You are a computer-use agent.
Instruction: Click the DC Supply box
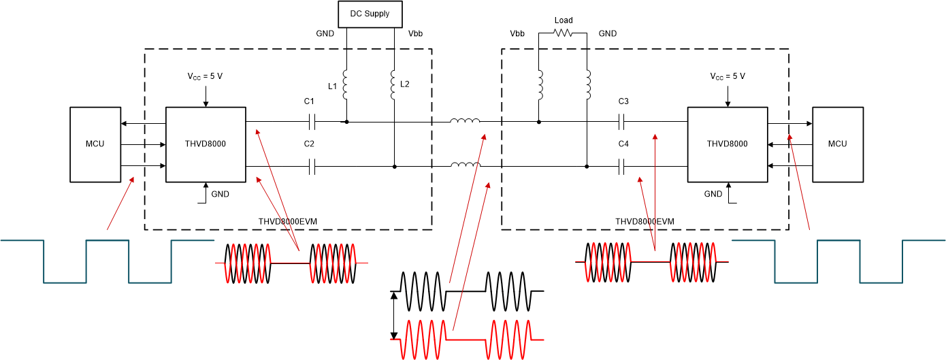tap(370, 14)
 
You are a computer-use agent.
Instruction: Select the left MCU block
tap(95, 144)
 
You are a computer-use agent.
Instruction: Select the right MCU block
tap(838, 144)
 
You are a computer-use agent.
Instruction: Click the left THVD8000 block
tap(206, 144)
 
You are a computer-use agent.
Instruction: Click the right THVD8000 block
tap(727, 144)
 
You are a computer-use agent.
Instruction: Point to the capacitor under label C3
tap(622, 122)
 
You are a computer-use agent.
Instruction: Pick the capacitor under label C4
tap(622, 167)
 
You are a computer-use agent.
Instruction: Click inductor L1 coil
tap(346, 84)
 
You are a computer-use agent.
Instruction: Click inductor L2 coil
tap(394, 84)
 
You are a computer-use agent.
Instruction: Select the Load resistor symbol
tap(563, 32)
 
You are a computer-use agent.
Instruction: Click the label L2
tap(406, 84)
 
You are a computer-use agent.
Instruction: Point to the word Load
tap(564, 20)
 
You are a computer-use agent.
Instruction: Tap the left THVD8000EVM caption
tap(288, 222)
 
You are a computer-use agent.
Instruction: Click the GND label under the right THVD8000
tap(713, 194)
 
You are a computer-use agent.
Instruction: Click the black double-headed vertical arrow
tap(393, 315)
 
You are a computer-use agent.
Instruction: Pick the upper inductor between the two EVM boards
tap(465, 122)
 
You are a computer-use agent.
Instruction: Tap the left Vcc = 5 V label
tap(206, 76)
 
